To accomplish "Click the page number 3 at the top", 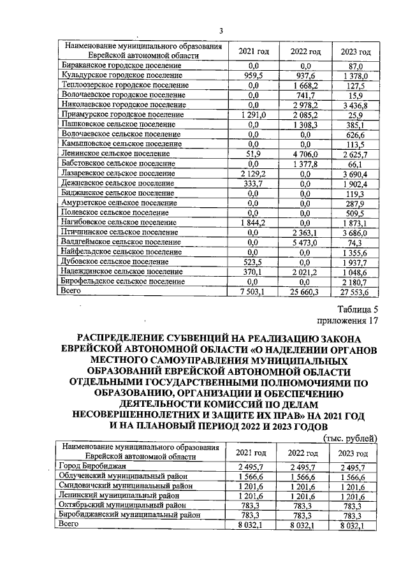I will point(221,31).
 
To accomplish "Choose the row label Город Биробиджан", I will point(89,467).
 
